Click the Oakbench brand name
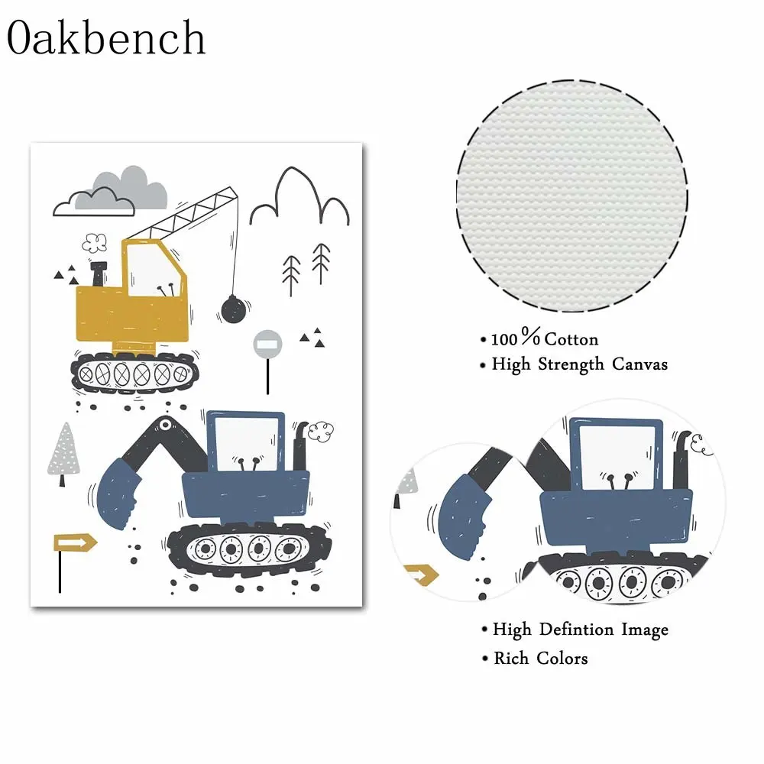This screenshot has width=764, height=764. [x=107, y=37]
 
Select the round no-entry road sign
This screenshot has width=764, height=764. [x=267, y=343]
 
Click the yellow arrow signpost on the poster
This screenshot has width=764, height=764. [x=75, y=543]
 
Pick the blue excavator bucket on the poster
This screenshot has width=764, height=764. [x=114, y=494]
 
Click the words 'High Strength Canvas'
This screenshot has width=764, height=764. [x=579, y=364]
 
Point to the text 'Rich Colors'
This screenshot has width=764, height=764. [x=540, y=658]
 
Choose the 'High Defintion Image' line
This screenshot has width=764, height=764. [x=580, y=630]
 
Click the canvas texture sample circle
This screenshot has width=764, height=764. [x=571, y=197]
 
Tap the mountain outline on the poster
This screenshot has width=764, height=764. [x=301, y=197]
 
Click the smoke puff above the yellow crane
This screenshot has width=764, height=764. [x=95, y=243]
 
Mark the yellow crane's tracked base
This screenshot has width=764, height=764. [x=135, y=374]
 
